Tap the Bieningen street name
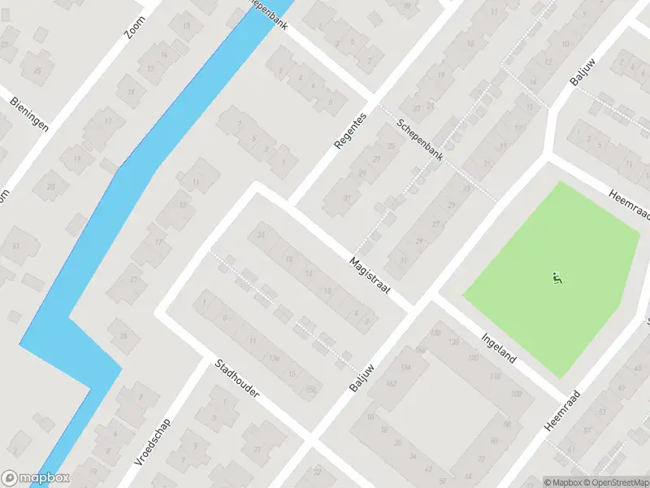(x=28, y=115)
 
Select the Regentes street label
(x=350, y=131)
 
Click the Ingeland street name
(x=499, y=349)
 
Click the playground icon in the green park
(x=557, y=278)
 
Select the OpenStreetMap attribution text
(x=613, y=482)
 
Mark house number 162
(x=392, y=383)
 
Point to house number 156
(x=406, y=367)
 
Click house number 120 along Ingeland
(x=453, y=342)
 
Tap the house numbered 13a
(x=275, y=359)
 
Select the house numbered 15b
(x=310, y=390)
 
